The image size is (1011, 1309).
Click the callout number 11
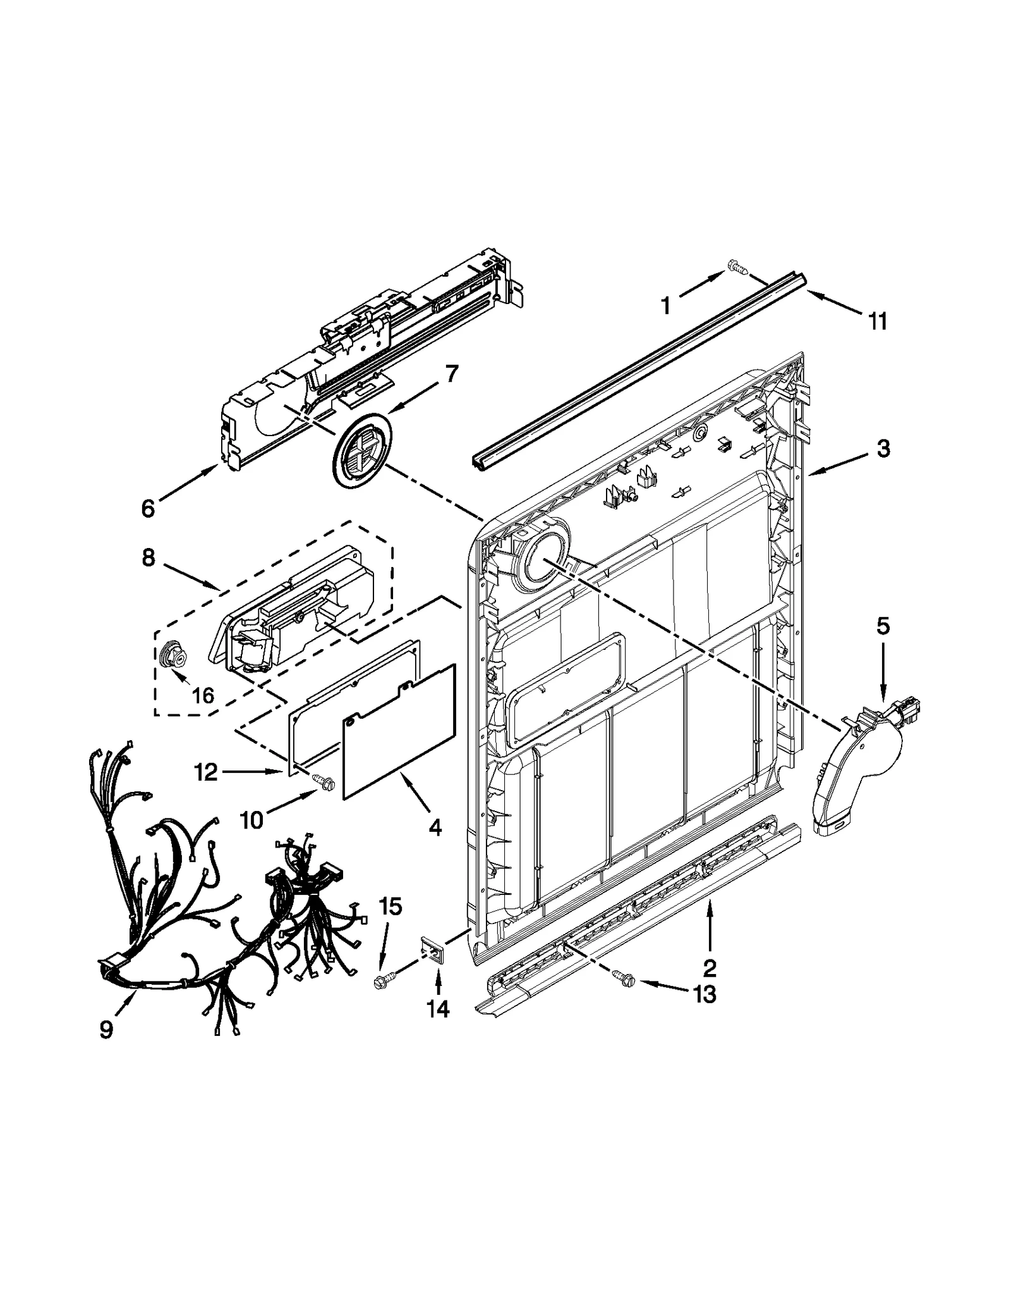click(877, 321)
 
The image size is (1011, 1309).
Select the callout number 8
click(148, 557)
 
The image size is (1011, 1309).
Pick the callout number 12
click(206, 772)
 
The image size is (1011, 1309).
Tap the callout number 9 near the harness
click(106, 1030)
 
